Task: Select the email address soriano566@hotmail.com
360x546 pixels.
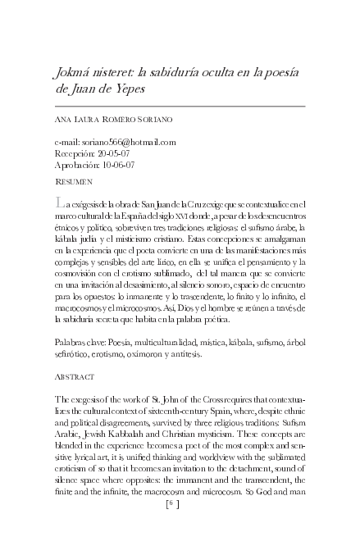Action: click(128, 141)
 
